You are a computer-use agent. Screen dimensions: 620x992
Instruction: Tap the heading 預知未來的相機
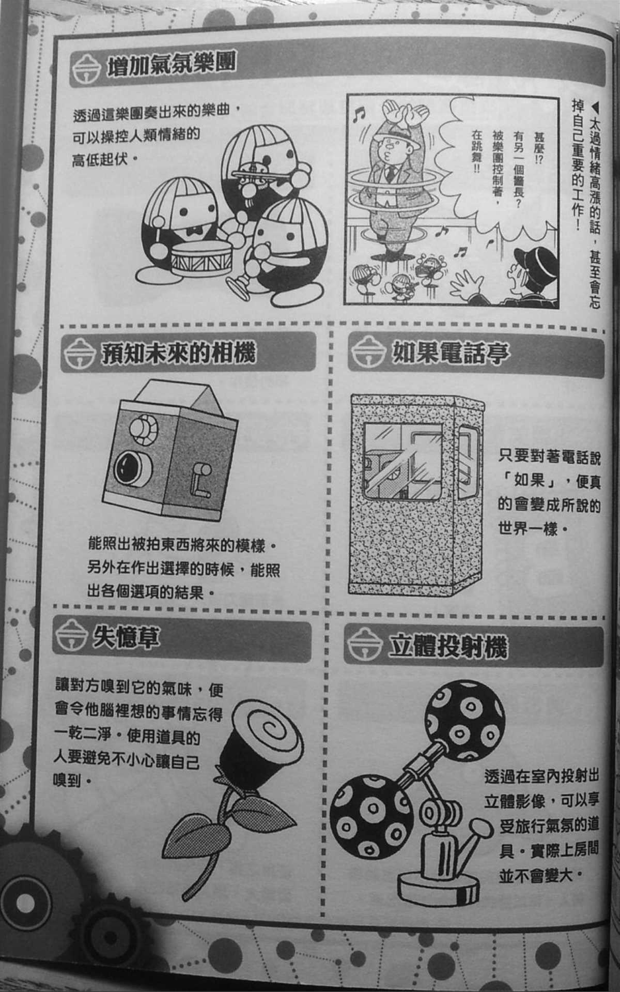point(178,354)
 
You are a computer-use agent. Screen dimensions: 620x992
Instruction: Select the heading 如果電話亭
point(449,353)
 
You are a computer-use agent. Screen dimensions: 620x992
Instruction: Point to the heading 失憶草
point(126,638)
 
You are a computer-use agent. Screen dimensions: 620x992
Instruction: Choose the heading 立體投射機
point(447,647)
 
